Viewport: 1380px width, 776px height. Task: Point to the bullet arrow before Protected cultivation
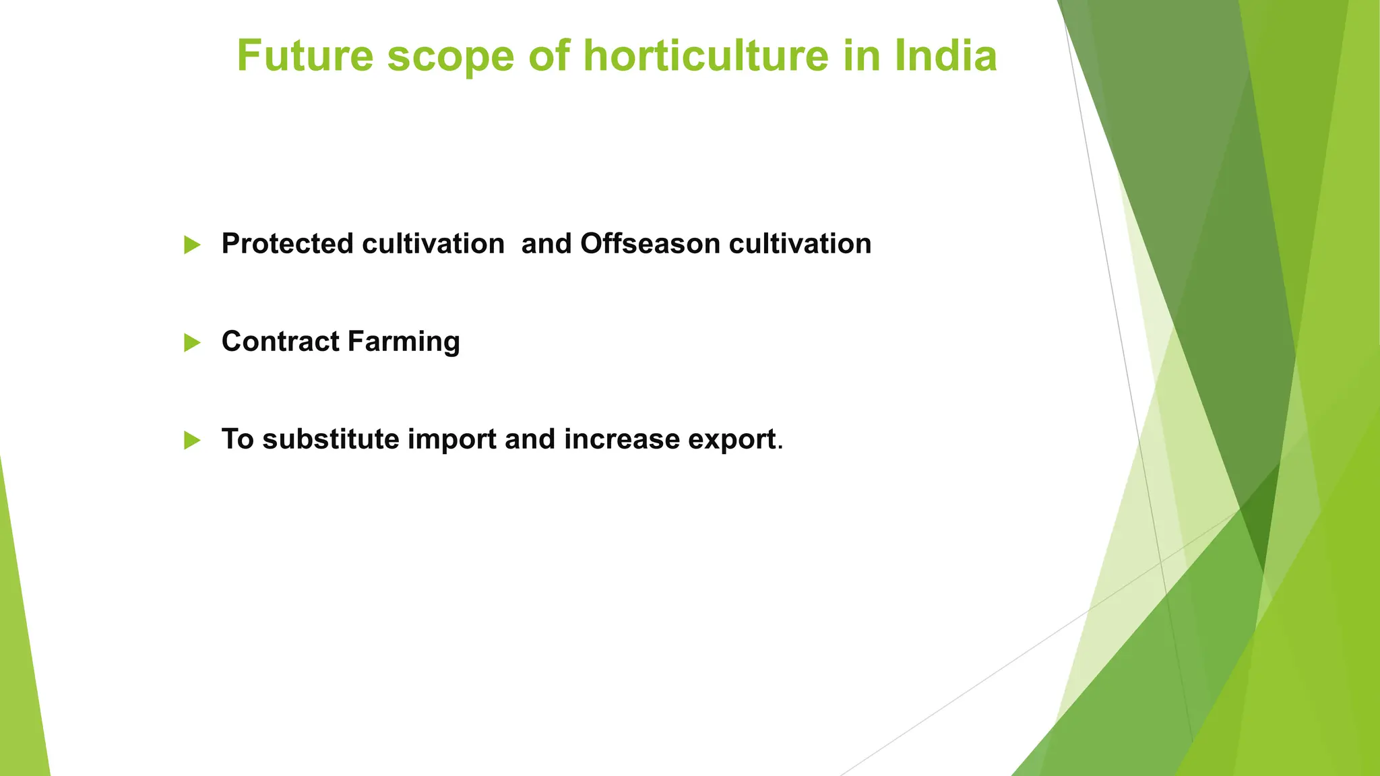pyautogui.click(x=192, y=245)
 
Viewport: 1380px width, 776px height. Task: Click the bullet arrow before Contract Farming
pyautogui.click(x=192, y=343)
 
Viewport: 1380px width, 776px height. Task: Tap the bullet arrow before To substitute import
pyautogui.click(x=192, y=441)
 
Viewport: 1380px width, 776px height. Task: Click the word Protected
pyautogui.click(x=288, y=244)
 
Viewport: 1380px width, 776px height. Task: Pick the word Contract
pyautogui.click(x=280, y=342)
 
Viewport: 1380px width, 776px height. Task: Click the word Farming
pyautogui.click(x=404, y=342)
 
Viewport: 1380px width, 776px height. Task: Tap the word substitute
pyautogui.click(x=331, y=439)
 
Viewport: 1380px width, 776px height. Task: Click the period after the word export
pyautogui.click(x=780, y=447)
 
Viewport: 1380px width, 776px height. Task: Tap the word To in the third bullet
pyautogui.click(x=237, y=439)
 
